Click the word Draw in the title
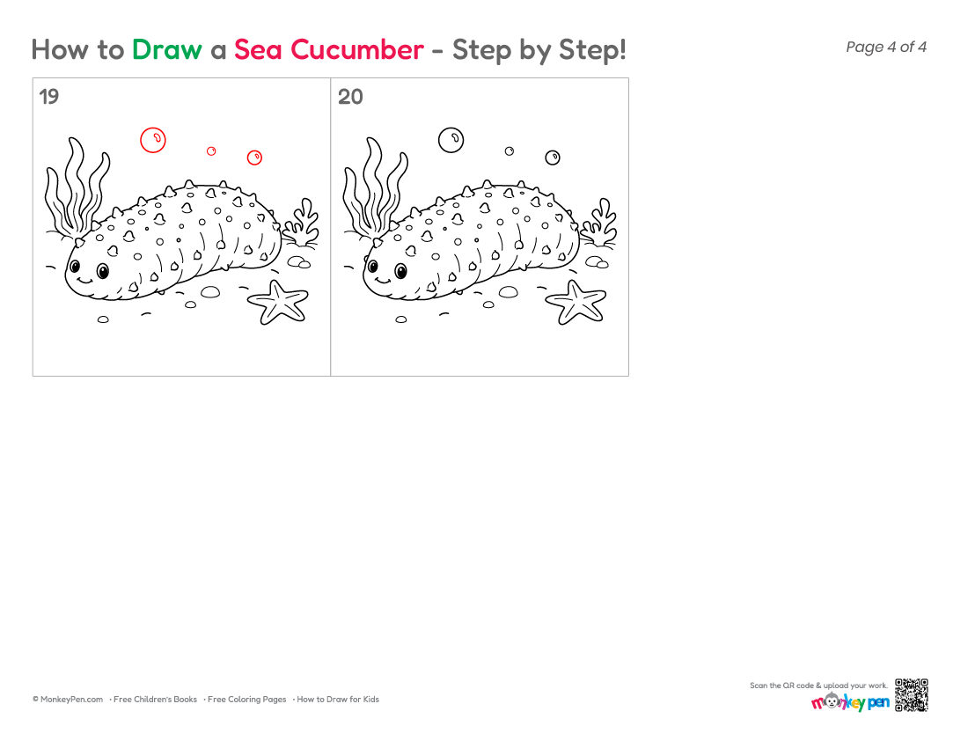[x=166, y=49]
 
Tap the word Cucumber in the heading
[x=356, y=49]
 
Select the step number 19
[x=48, y=97]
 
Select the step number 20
[x=350, y=97]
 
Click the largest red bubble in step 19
[x=153, y=128]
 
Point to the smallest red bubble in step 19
[x=211, y=147]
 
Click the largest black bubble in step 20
[x=451, y=128]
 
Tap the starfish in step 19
[x=278, y=302]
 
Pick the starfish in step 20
[x=576, y=302]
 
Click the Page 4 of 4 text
[x=886, y=47]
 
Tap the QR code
[x=912, y=695]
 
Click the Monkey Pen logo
[x=850, y=702]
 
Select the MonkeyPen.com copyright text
[x=68, y=700]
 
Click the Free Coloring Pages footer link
[x=246, y=700]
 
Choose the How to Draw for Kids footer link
[x=338, y=700]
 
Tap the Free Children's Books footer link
[x=155, y=700]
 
